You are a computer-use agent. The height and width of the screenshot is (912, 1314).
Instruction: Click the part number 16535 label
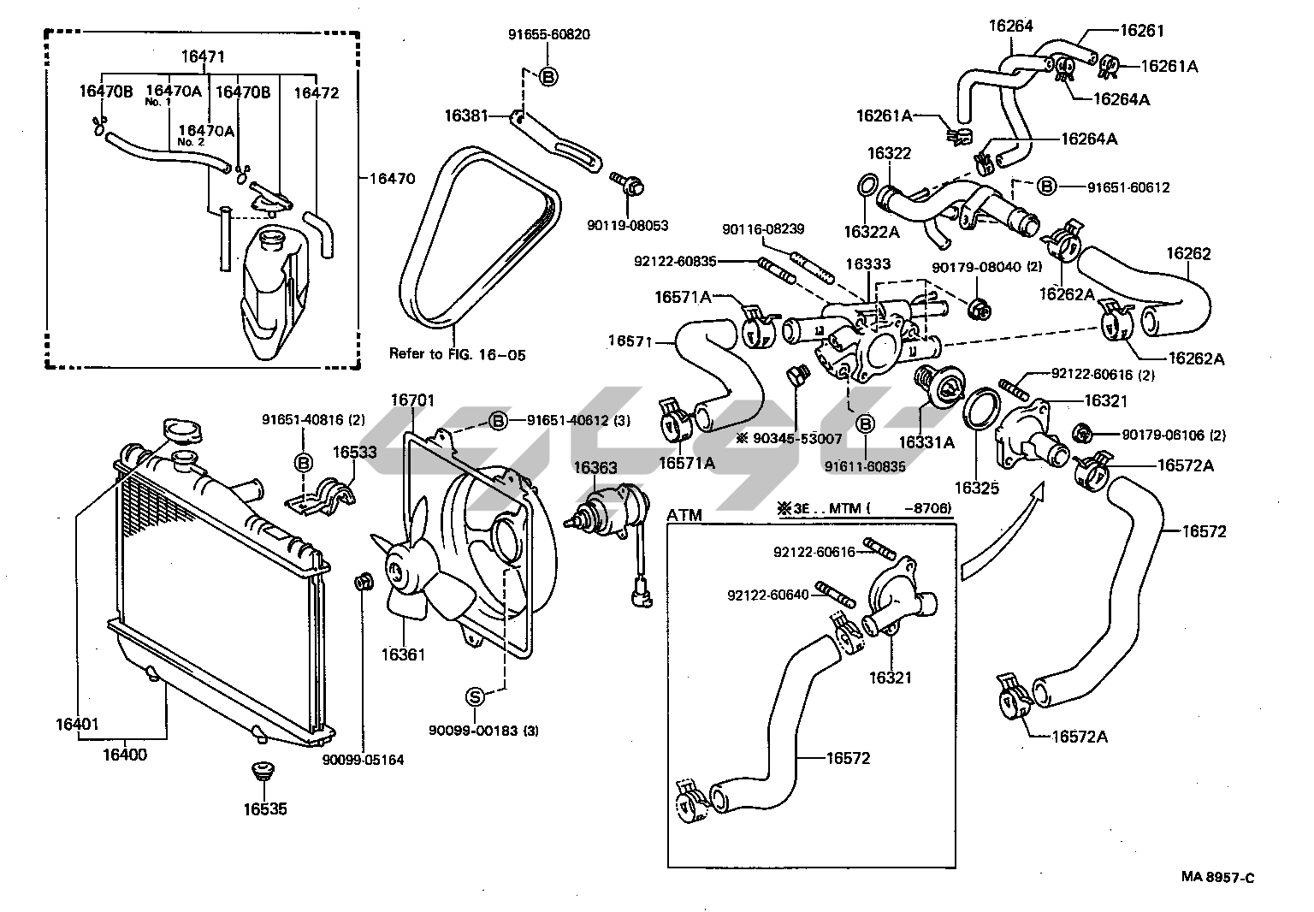pyautogui.click(x=264, y=809)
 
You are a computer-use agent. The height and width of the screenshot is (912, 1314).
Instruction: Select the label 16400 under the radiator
pyautogui.click(x=125, y=755)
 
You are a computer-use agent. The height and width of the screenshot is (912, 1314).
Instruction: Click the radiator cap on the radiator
pyautogui.click(x=181, y=431)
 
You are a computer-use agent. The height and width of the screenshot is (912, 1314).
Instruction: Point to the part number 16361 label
pyautogui.click(x=403, y=654)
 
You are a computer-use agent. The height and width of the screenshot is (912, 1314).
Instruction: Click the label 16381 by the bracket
pyautogui.click(x=466, y=114)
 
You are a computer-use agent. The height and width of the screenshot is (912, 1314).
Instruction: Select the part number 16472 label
pyautogui.click(x=317, y=92)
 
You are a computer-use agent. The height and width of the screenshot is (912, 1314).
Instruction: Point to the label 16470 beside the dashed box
pyautogui.click(x=392, y=179)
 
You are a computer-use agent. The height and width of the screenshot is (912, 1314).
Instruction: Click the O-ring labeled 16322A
pyautogui.click(x=866, y=187)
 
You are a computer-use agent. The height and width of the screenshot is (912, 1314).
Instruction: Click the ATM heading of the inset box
pyautogui.click(x=684, y=515)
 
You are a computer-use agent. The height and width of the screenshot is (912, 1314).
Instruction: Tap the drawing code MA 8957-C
pyautogui.click(x=1218, y=877)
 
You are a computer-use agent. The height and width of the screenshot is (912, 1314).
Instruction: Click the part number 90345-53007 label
pyautogui.click(x=795, y=439)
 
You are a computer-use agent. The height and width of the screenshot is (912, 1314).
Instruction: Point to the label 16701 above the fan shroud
pyautogui.click(x=413, y=400)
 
